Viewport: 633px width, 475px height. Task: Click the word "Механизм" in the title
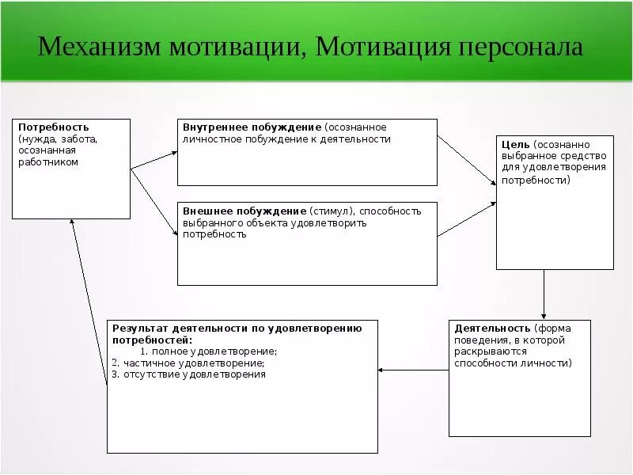[x=100, y=47]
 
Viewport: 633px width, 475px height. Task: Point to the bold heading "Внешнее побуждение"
[x=244, y=211]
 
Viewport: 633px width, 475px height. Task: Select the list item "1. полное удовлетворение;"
[x=209, y=351]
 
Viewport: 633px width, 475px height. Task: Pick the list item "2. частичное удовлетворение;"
[x=188, y=363]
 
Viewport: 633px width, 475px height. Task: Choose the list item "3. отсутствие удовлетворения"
[x=189, y=374]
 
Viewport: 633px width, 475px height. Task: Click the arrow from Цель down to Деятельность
[x=544, y=294]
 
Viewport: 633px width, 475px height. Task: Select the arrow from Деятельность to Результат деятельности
[x=413, y=370]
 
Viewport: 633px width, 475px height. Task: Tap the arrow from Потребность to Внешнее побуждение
[x=154, y=203]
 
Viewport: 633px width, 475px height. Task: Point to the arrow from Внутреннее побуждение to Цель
[x=467, y=160]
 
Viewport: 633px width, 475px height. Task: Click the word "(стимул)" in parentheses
[x=333, y=211]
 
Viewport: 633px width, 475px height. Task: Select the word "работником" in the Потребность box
[x=48, y=161]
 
